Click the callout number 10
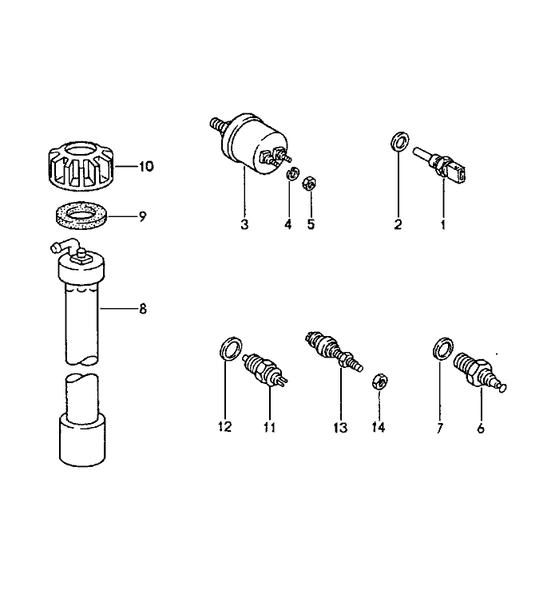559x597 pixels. pos(146,166)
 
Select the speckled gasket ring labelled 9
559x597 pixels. pos(81,215)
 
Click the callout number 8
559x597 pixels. pos(143,309)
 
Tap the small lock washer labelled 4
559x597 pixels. pos(292,174)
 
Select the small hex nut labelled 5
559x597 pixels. pos(309,184)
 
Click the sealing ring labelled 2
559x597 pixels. pos(400,141)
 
